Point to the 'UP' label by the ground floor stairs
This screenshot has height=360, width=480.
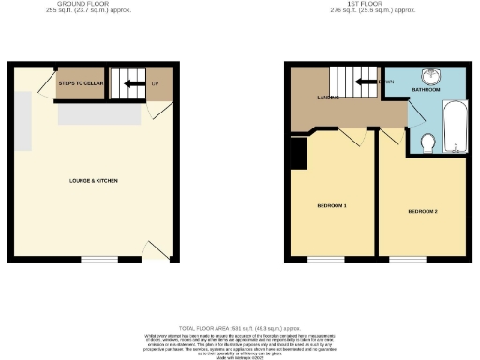pyautogui.click(x=154, y=84)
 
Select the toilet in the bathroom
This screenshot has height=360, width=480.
pyautogui.click(x=427, y=142)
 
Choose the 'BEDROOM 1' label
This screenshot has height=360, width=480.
pyautogui.click(x=332, y=205)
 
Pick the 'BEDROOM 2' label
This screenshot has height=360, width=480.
pyautogui.click(x=423, y=211)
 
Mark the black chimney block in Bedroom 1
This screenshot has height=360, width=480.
pyautogui.click(x=299, y=153)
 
